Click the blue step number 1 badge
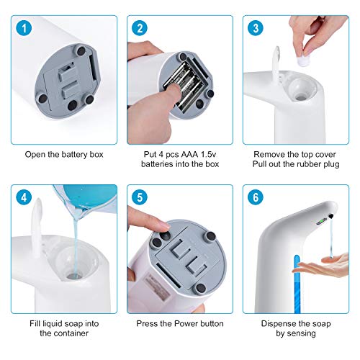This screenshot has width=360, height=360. point(25,29)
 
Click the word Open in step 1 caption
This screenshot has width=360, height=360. point(36,153)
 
